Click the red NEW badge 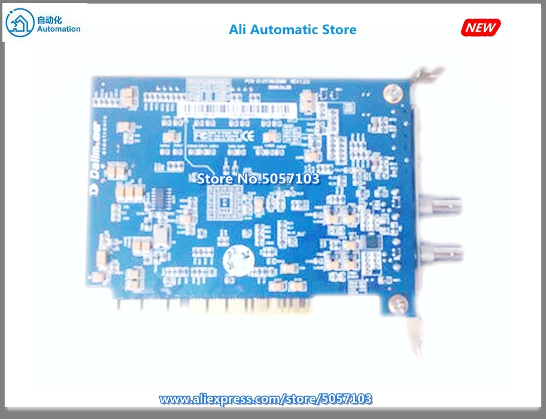[x=481, y=27]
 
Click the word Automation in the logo [x=58, y=29]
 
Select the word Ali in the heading [x=238, y=29]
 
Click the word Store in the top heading [x=336, y=29]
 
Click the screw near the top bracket [x=392, y=92]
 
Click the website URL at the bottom [x=266, y=399]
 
